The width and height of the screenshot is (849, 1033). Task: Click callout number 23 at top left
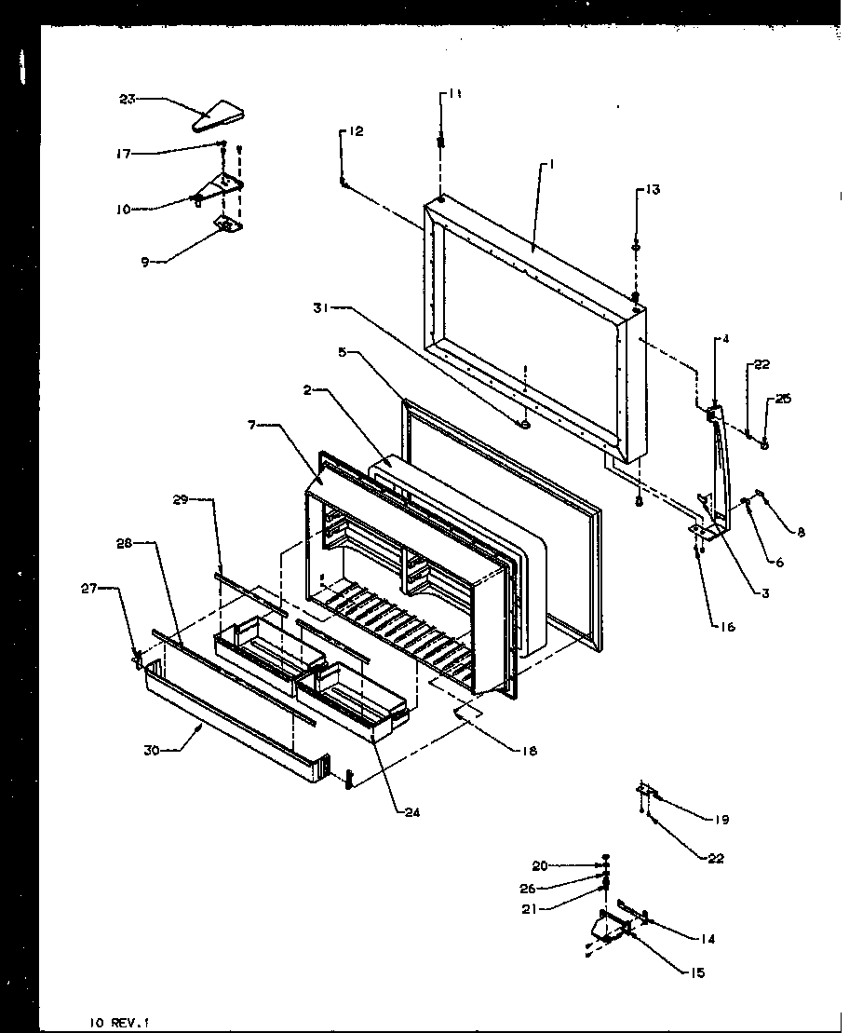[x=128, y=98]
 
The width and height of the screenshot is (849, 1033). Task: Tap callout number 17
[x=124, y=154]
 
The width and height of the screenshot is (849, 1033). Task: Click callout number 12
[x=357, y=131]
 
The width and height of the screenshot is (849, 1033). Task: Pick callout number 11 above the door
[x=455, y=94]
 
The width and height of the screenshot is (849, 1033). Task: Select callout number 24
[x=412, y=812]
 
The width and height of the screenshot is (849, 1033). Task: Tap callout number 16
[x=725, y=627]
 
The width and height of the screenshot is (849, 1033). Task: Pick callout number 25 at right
[x=783, y=399]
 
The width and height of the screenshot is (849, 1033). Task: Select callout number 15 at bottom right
[x=697, y=973]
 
